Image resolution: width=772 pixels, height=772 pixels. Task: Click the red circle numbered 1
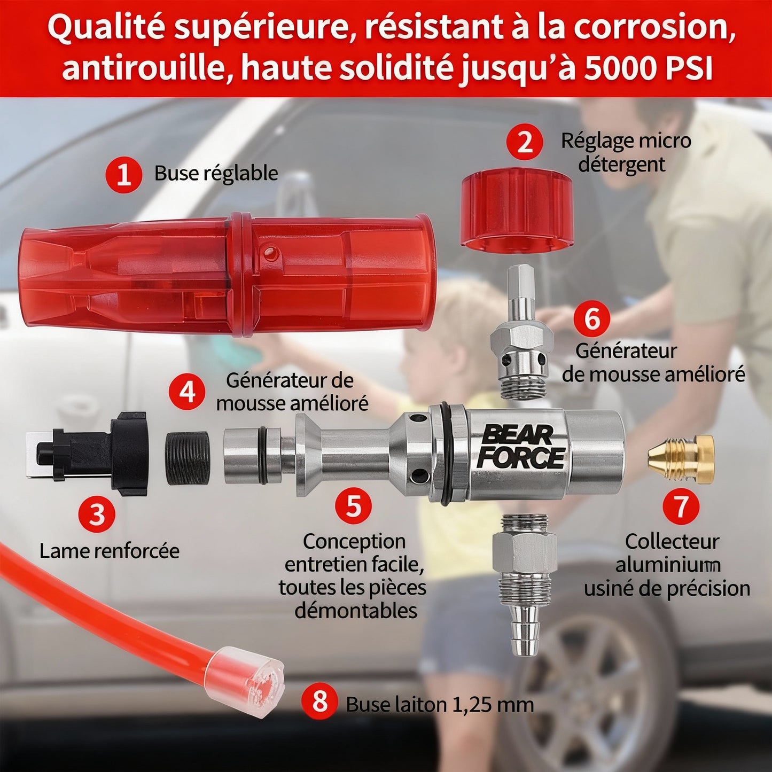point(124,175)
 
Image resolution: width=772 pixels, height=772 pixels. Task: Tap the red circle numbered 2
point(525,142)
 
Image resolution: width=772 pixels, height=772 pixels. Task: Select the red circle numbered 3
point(97,514)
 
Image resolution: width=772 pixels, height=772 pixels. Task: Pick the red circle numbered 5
point(353,505)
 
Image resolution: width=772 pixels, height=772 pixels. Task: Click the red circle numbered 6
point(592,319)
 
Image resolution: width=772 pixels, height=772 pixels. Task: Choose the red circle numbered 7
point(681,506)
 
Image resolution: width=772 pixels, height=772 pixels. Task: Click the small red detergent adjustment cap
point(517,213)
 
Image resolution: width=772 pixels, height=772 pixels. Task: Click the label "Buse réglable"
point(216,174)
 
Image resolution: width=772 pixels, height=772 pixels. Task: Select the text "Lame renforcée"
point(110,551)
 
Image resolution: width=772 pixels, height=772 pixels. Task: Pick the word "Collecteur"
point(672,542)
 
